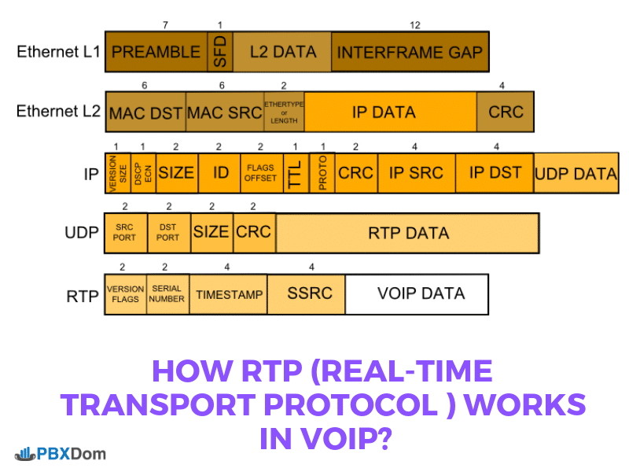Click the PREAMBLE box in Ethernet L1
coord(156,52)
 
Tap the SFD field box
coord(219,52)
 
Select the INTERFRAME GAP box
coord(410,52)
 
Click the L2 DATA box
coord(282,52)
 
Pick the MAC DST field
coord(145,112)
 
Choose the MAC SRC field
coord(224,112)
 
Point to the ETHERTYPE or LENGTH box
coord(284,112)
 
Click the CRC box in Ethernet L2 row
coord(506,112)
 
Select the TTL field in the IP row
coord(295,173)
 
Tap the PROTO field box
coord(322,173)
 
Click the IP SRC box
coord(416,173)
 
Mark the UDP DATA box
coord(576,173)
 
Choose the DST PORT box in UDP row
coord(168,232)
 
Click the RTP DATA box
coord(407,233)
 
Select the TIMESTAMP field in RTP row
coord(228,293)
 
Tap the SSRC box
coord(309,293)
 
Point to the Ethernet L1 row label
coord(57,52)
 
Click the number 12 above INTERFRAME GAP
coord(414,25)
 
